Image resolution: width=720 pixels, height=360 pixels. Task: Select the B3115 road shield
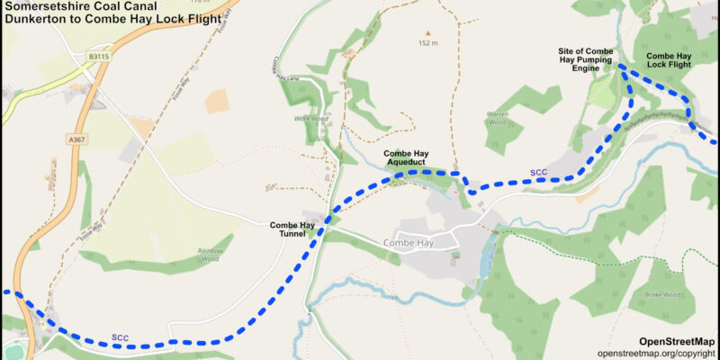click(x=100, y=56)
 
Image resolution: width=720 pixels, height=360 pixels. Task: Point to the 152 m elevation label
click(x=427, y=43)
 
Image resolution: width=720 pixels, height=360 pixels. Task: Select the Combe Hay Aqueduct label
click(x=411, y=158)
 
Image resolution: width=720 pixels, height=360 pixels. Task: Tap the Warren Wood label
click(x=498, y=118)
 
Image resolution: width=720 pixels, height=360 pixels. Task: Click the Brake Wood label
click(x=662, y=294)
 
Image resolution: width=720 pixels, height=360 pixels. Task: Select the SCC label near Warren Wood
click(x=538, y=172)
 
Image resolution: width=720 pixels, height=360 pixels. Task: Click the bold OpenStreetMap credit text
click(x=677, y=341)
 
